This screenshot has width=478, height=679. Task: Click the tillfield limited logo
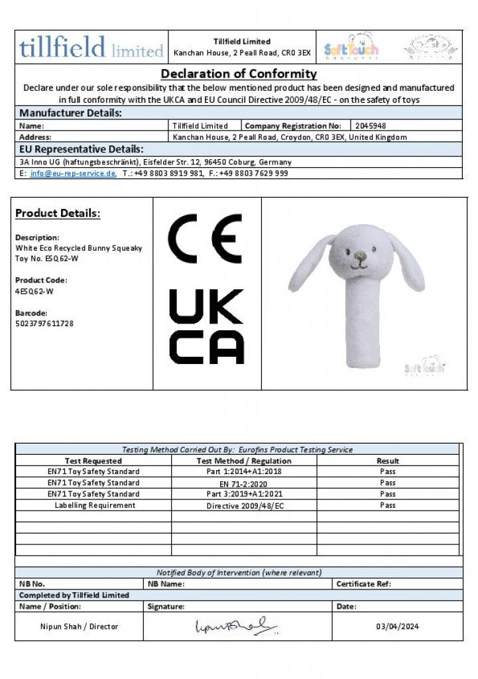coord(91,48)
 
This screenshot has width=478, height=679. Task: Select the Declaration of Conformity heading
coord(239,74)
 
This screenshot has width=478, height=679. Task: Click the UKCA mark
coord(206,326)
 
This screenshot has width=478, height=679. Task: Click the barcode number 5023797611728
coord(44,323)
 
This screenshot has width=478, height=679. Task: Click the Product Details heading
coord(58,214)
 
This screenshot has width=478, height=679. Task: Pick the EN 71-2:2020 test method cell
coord(244,483)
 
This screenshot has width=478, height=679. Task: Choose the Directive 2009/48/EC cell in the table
coord(245,505)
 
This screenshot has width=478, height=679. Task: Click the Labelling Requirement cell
coord(94,505)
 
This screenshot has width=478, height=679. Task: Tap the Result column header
coord(388,461)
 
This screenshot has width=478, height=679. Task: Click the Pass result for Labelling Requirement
coord(388,505)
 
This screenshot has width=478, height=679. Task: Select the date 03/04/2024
coord(397,626)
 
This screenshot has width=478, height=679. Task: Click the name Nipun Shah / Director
coord(80,626)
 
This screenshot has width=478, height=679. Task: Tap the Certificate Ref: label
coord(364,584)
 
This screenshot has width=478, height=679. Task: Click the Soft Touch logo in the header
coord(351,47)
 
